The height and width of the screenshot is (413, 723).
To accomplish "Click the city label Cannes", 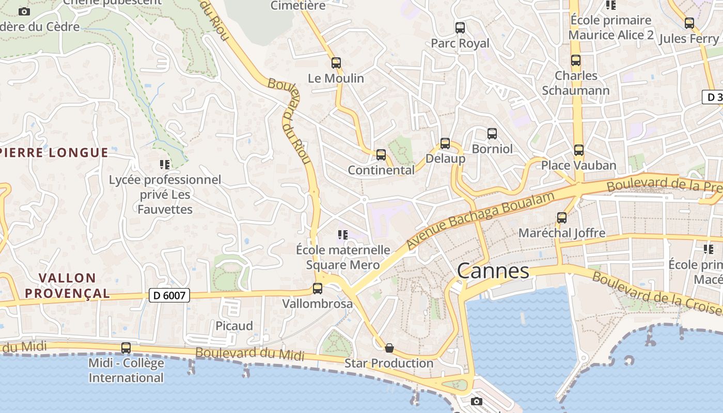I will tap(493, 271).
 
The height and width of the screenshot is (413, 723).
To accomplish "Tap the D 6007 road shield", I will tap(169, 295).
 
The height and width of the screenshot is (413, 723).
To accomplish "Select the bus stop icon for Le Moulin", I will tap(336, 63).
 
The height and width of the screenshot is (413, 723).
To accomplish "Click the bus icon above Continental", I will tap(381, 154).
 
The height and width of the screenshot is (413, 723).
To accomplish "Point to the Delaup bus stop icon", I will tap(445, 144).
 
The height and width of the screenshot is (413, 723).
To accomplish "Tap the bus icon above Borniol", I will tap(492, 134).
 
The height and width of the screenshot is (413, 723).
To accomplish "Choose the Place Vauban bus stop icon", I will tap(579, 150).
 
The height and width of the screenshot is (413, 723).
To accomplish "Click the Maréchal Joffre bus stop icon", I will tap(562, 218).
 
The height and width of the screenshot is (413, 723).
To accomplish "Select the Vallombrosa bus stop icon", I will tap(318, 289).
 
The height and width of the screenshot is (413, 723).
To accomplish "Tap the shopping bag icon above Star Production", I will tap(389, 348).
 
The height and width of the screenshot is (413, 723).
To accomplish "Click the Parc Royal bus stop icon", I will tap(460, 28).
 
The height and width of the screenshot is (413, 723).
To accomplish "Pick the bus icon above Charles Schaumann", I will tap(576, 60).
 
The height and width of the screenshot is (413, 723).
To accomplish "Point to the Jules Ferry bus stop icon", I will tap(689, 23).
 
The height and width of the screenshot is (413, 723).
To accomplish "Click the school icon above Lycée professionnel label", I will tap(165, 165).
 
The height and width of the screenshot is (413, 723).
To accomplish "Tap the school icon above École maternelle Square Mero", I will tap(343, 235).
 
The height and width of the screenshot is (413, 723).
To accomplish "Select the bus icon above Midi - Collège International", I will tap(126, 348).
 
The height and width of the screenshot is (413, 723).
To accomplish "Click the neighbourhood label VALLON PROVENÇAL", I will tap(67, 285).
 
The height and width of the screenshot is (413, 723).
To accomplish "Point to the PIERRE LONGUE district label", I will tap(54, 152).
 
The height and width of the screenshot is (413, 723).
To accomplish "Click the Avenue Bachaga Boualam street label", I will tap(480, 219).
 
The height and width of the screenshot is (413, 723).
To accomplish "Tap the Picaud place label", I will tap(234, 326).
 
